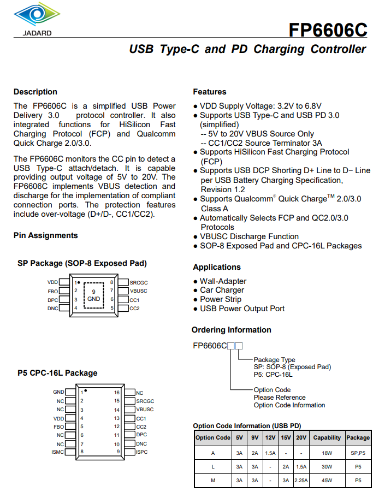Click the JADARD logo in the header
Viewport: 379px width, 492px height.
coord(38,19)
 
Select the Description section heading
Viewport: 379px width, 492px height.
coord(35,92)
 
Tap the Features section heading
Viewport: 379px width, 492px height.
coord(210,92)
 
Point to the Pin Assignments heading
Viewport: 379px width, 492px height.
coord(46,235)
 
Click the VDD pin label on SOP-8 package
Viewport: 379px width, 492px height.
coord(52,282)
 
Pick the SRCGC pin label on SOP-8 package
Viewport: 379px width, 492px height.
coord(139,282)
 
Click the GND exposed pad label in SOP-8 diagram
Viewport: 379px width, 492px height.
coord(94,299)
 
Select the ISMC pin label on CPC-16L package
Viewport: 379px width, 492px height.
coord(57,452)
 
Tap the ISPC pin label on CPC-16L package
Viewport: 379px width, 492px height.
coord(141,452)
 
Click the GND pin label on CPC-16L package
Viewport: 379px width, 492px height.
coord(58,392)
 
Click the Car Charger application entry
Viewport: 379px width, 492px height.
coord(222,290)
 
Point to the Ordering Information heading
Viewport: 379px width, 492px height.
coord(232,330)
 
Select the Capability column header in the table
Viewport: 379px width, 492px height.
coord(327,437)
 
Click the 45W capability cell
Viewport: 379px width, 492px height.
coord(327,481)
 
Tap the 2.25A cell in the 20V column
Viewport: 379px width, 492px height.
coord(301,481)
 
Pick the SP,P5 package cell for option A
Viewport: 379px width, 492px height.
coord(358,453)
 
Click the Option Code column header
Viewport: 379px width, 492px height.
coord(212,437)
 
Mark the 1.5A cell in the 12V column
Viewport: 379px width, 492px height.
coord(270,453)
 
